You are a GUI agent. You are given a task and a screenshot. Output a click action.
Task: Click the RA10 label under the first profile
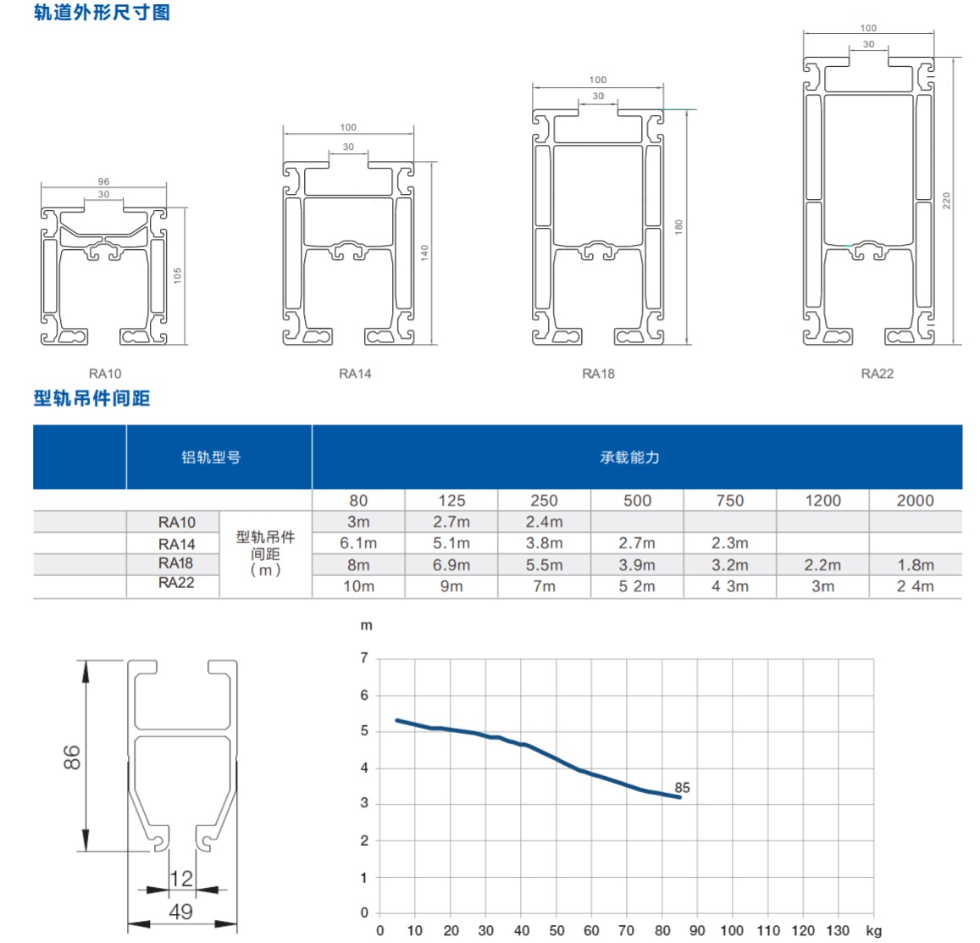[x=105, y=374]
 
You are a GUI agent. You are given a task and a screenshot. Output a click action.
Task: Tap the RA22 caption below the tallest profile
[x=877, y=374]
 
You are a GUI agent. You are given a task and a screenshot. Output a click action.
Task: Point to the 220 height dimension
[x=946, y=201]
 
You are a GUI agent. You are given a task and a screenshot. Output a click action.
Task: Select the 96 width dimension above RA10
[x=103, y=181]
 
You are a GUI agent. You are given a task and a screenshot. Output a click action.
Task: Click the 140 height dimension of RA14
[x=424, y=252]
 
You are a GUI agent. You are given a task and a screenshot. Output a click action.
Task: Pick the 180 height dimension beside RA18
[x=678, y=227]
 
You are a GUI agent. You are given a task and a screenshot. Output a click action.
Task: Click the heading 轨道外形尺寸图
[x=102, y=13]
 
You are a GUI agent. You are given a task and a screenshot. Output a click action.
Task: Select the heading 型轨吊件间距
[x=91, y=398]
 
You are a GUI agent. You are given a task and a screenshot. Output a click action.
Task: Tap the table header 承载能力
[x=629, y=458]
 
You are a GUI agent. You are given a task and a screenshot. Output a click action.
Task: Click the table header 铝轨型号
[x=211, y=458]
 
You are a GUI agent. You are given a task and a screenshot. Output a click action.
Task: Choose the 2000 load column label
[x=915, y=500]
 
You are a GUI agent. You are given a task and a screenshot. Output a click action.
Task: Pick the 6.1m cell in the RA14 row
[x=358, y=543]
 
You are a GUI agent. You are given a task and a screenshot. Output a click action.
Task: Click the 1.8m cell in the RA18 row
[x=916, y=565]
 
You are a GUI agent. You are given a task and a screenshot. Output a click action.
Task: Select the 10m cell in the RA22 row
[x=359, y=586]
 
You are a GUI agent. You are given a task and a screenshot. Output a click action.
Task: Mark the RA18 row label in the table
[x=175, y=563]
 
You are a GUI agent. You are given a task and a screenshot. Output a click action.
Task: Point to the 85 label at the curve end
[x=682, y=787]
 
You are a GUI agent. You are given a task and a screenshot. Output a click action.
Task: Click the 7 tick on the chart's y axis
[x=364, y=657]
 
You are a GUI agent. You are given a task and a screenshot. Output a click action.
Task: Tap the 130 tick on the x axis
[x=838, y=930]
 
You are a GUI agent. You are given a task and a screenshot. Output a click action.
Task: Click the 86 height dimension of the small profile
[x=72, y=757]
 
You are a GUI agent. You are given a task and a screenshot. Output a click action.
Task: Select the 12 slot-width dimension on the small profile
[x=181, y=879]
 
